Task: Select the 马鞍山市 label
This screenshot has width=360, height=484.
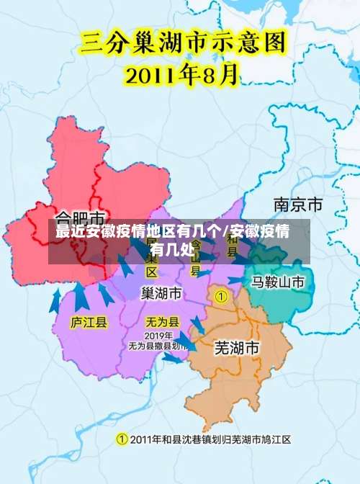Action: pos(278,282)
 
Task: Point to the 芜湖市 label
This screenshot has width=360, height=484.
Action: pos(237,348)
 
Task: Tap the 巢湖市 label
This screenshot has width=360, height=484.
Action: pos(161,294)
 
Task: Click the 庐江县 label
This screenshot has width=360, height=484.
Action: pos(89,322)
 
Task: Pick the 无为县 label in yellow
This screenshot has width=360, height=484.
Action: pos(163,321)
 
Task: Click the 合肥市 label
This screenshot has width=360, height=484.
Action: pos(81,217)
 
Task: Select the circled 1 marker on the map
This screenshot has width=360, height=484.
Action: pos(222,296)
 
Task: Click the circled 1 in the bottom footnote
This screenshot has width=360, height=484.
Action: pos(122,439)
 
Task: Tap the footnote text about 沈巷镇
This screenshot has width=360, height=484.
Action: pos(209,439)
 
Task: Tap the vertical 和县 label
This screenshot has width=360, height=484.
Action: pos(232,245)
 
